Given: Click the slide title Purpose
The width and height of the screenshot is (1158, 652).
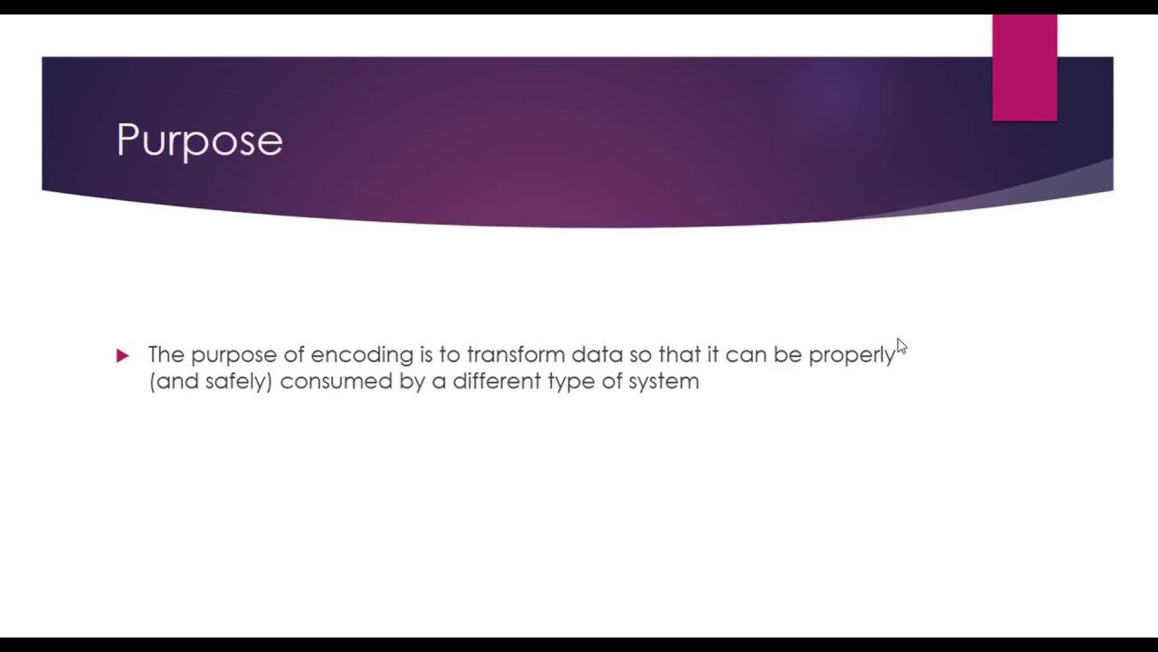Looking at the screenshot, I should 199,140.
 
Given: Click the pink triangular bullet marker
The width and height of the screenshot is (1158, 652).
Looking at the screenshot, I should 123,356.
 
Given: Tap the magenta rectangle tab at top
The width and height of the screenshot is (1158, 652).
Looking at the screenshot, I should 1024,68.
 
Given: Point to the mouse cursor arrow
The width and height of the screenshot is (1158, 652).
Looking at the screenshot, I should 901,347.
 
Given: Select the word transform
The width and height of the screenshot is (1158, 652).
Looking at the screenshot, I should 516,354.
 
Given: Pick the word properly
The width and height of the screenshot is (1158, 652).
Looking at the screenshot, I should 851,355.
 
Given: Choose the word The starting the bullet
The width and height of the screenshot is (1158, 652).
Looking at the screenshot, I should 166,354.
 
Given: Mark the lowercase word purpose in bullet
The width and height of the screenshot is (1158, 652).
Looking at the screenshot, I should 233,355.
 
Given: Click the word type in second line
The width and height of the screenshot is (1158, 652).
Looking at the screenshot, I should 570,382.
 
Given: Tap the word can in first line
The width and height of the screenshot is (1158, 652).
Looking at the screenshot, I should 745,354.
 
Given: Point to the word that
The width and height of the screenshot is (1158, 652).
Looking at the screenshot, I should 679,354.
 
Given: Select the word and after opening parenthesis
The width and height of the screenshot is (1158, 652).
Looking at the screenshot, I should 177,381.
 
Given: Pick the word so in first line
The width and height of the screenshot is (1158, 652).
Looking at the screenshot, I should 640,354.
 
